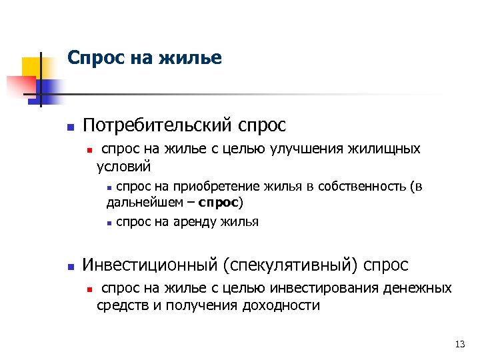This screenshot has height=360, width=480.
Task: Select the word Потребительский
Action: pos(156,125)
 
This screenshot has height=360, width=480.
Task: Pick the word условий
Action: pos(124,165)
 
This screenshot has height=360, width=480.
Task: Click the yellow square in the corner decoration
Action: pos(32,67)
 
